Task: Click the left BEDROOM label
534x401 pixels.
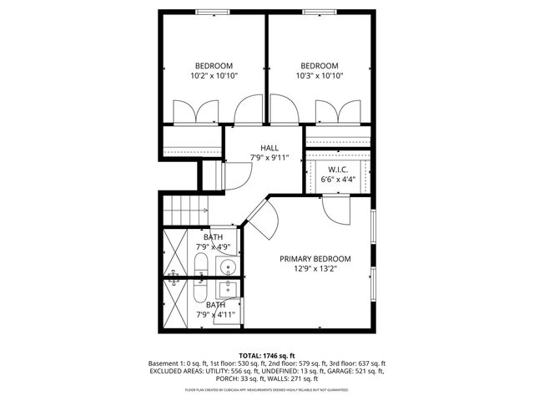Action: (214, 65)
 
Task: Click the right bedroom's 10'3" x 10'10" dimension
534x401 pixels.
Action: (319, 76)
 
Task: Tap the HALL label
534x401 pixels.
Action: (269, 148)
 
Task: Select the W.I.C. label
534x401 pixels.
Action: (338, 169)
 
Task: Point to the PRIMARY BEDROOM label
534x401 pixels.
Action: (315, 259)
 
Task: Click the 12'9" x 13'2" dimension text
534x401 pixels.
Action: (315, 269)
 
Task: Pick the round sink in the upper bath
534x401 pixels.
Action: (227, 267)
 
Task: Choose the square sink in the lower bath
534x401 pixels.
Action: (226, 290)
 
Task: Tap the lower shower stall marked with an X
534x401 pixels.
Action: (176, 304)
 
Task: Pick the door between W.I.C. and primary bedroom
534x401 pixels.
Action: (338, 209)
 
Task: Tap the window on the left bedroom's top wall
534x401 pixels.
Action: (214, 11)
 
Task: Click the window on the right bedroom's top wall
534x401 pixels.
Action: (319, 11)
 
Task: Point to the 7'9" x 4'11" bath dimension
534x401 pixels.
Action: (216, 315)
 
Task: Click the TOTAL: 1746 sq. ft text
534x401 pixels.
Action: (267, 355)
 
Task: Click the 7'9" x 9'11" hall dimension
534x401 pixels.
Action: (269, 157)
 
